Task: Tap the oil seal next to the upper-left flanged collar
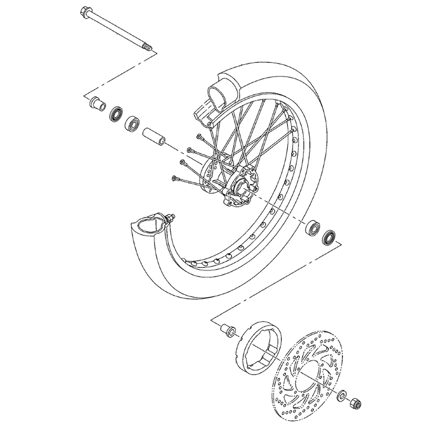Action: (116, 114)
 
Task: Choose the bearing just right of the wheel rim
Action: (312, 228)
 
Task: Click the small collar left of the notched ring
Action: (228, 330)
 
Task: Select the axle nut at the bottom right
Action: (355, 403)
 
